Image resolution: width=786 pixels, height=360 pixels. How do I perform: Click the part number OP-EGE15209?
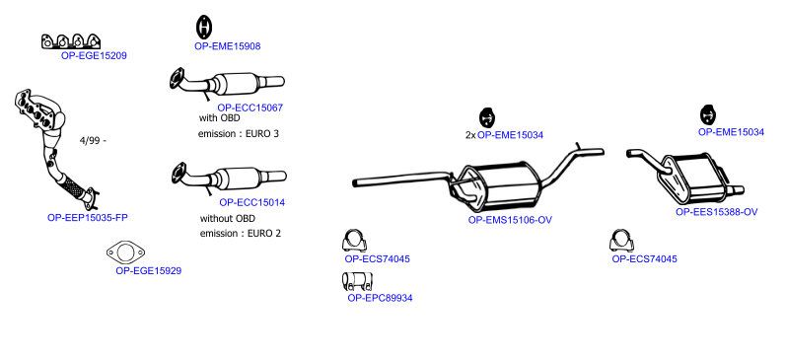(94, 55)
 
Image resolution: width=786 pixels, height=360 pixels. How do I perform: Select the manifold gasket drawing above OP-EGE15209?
(71, 41)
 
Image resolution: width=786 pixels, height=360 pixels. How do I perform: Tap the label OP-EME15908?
(228, 46)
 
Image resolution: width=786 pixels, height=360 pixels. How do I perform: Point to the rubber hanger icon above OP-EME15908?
(203, 27)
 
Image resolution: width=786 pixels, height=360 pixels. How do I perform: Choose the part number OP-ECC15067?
(250, 108)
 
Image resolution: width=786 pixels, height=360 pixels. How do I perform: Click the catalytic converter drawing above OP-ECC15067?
(227, 84)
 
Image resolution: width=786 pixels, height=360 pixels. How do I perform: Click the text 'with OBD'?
(220, 118)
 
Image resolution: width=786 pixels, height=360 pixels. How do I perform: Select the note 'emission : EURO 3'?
(238, 134)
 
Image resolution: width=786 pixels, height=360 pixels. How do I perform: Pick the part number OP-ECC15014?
(252, 202)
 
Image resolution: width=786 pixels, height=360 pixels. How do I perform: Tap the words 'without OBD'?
(228, 219)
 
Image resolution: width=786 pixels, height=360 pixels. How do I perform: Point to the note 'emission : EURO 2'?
(241, 233)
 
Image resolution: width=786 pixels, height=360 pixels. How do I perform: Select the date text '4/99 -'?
(93, 141)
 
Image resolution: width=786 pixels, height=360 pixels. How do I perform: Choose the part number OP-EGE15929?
(148, 271)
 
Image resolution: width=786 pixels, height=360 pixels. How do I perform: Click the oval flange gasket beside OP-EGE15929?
(125, 252)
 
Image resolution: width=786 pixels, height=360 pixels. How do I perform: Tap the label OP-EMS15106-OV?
(510, 220)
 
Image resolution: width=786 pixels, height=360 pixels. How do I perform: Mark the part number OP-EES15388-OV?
(716, 212)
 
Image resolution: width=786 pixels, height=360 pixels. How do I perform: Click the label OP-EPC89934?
(380, 298)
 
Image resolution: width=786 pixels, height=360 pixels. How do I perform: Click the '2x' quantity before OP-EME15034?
(470, 135)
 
